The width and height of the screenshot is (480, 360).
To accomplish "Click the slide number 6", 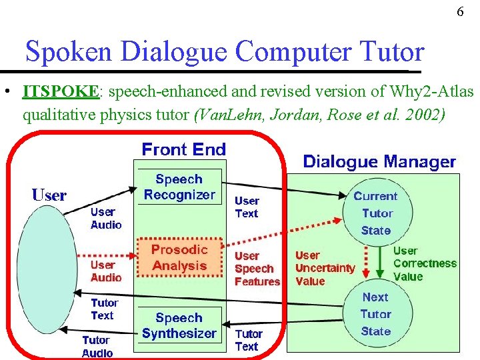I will (x=461, y=12).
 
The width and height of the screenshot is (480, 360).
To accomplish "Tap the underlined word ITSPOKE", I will (x=61, y=91).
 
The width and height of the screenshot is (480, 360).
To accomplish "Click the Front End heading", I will (x=184, y=149).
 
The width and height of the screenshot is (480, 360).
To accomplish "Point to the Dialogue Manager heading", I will (x=379, y=161).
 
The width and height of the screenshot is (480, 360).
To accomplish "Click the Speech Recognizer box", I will (x=179, y=187).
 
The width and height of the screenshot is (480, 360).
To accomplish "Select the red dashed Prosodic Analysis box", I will (x=179, y=257).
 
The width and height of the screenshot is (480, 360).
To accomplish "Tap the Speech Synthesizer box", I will (x=179, y=325).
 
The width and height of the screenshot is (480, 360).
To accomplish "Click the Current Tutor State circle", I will (x=375, y=213).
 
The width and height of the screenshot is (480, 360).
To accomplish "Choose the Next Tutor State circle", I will (x=375, y=314).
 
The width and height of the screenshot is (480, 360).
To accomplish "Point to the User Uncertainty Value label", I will (x=325, y=268).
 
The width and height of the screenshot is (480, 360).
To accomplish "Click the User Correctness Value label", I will (x=424, y=263).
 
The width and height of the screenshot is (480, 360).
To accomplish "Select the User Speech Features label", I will (x=257, y=269).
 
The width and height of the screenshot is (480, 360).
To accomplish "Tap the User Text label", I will (x=247, y=207).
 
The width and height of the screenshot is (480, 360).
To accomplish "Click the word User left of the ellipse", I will (x=49, y=195).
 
